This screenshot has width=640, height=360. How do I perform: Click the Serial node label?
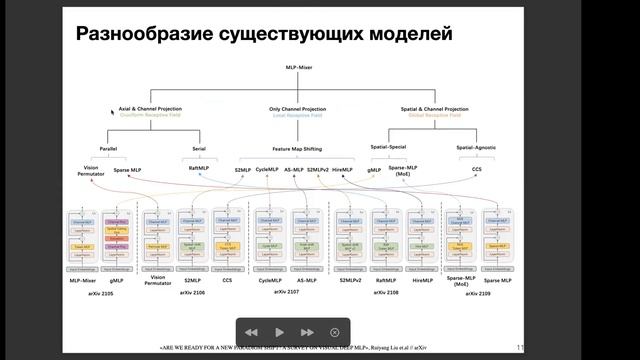(197, 148)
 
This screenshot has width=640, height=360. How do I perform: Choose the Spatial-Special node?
(394, 148)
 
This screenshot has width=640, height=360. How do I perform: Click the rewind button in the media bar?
(251, 332)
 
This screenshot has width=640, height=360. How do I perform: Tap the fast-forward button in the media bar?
(307, 332)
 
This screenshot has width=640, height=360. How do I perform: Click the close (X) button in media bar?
(335, 332)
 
